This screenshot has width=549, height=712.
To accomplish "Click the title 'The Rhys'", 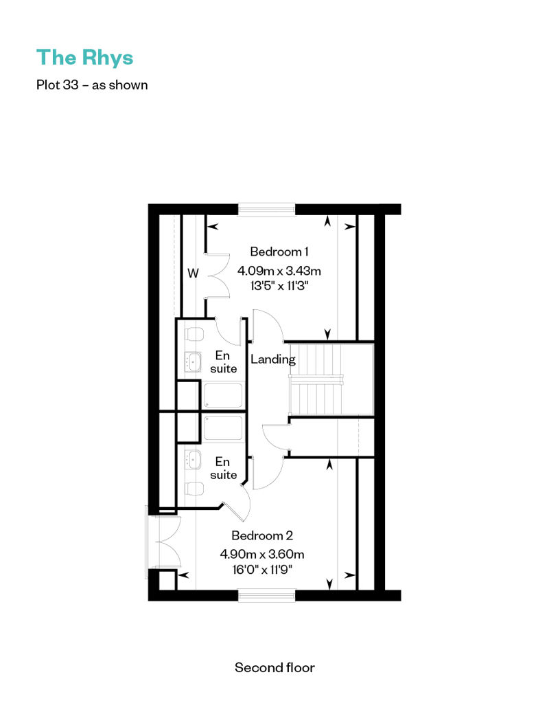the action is point(85,58).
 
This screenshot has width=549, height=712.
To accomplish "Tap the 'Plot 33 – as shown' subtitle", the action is point(92,85).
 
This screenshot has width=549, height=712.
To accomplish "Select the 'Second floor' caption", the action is point(274,667).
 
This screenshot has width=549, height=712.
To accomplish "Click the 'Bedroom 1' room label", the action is point(279,252).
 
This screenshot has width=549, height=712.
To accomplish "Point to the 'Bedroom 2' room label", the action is point(262,535).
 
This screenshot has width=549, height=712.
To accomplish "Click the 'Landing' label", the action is point(273,359).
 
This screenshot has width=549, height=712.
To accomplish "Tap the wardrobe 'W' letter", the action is point(193,274).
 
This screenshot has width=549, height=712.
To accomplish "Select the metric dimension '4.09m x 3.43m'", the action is point(279,271).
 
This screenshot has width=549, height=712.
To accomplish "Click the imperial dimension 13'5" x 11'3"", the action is point(279,286).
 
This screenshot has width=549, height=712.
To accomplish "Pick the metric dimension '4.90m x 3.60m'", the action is point(262,555).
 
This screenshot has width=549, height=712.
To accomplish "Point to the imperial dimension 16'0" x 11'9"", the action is point(262,570).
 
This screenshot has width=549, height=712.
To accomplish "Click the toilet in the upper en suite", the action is point(194,334).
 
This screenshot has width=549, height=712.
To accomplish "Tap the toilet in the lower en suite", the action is point(194,489).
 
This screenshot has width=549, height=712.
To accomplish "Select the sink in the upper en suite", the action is point(193,362).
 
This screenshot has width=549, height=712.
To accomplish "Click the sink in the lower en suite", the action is point(193,460).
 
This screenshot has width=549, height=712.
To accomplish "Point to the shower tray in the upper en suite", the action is point(224,396).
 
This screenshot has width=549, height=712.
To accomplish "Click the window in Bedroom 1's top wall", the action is point(267,209).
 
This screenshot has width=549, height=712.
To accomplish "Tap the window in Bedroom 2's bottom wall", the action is point(267,595).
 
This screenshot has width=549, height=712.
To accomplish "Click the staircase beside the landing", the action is point(331,379).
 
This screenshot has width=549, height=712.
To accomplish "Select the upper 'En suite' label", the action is point(223,362).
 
